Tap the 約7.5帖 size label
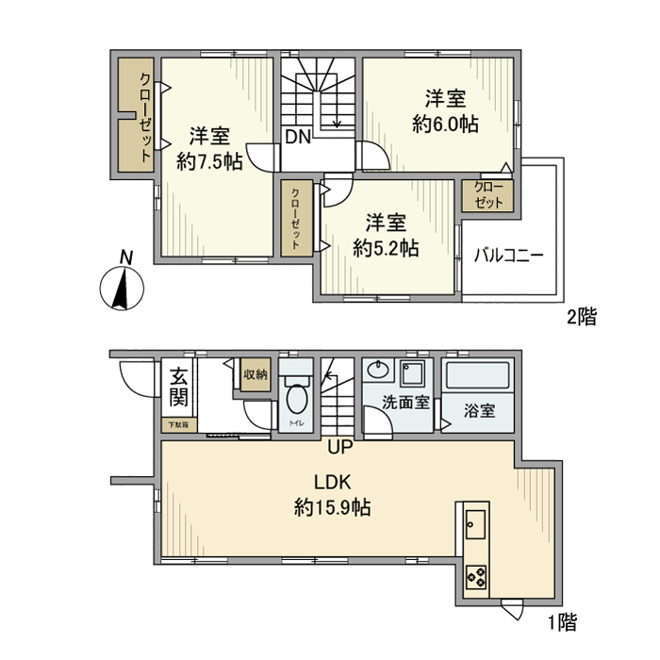210,161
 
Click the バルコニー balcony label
508,255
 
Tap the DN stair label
298,137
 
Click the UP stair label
339,447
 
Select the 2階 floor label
582,318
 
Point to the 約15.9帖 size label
331,508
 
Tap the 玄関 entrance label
177,387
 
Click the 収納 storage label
255,374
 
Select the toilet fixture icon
298,400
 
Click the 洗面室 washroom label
406,402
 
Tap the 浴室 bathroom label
480,411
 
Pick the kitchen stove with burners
475,575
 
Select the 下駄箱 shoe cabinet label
178,425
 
